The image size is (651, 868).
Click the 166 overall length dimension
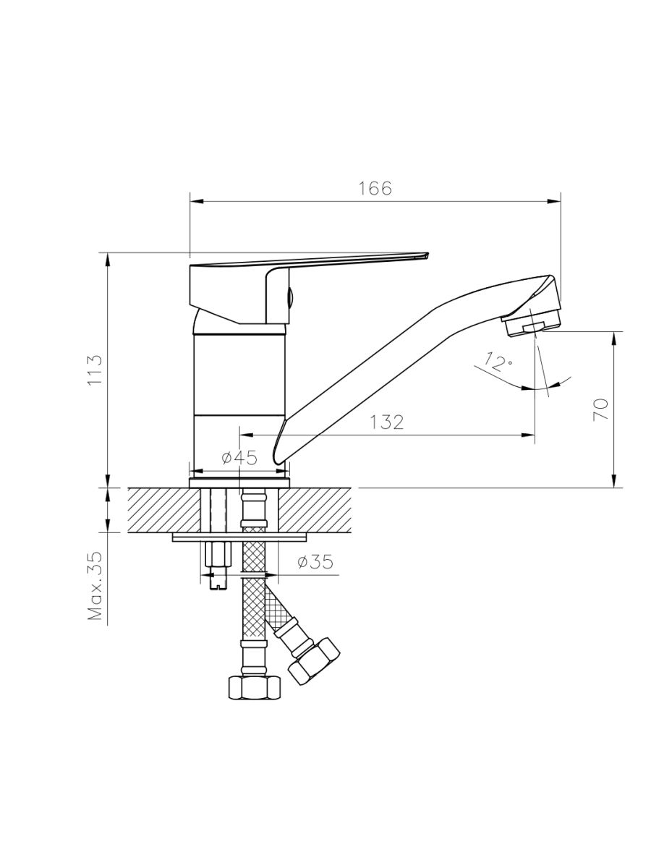click(x=375, y=189)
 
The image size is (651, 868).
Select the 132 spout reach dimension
click(x=387, y=422)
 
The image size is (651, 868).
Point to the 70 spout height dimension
click(x=600, y=409)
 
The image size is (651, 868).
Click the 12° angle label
click(x=495, y=362)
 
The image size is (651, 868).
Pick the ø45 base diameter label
click(x=239, y=458)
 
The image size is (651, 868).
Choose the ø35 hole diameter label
click(x=315, y=562)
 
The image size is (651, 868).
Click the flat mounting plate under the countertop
click(x=239, y=537)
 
